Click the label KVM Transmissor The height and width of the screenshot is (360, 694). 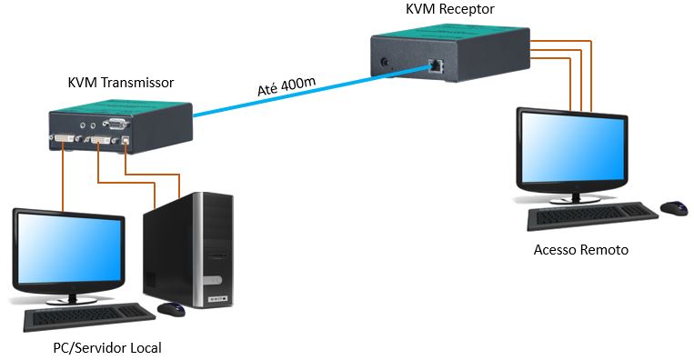coord(121,83)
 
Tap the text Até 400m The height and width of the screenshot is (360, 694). coord(287,88)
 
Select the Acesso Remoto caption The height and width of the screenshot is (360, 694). coord(580,249)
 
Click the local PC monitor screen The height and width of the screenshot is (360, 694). coord(69,251)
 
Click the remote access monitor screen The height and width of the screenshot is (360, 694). coord(570,150)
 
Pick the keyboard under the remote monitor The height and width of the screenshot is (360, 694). coord(592,215)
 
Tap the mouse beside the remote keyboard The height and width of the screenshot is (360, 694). coord(674,208)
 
